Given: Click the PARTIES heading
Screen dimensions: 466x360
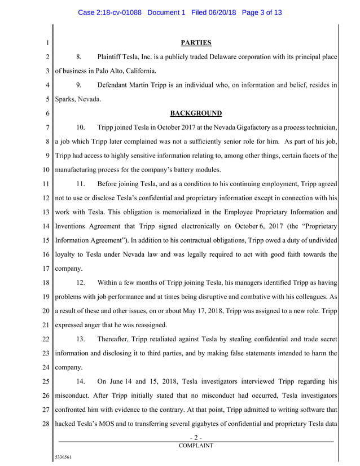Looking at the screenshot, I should (x=196, y=42).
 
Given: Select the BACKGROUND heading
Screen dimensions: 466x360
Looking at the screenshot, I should (x=196, y=113).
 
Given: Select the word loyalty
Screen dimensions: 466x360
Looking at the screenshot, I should (x=67, y=254).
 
